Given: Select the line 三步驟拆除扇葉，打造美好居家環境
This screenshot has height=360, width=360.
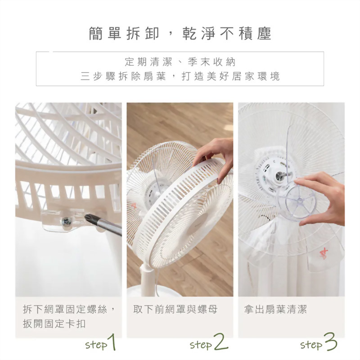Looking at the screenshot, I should (x=180, y=76).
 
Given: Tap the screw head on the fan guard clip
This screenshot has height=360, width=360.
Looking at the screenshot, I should (x=66, y=221).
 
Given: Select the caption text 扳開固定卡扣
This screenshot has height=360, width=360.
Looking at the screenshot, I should (x=54, y=324).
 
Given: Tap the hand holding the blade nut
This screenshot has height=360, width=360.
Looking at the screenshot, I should (x=324, y=198).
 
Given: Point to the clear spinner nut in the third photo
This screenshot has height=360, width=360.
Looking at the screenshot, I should (x=297, y=202).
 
